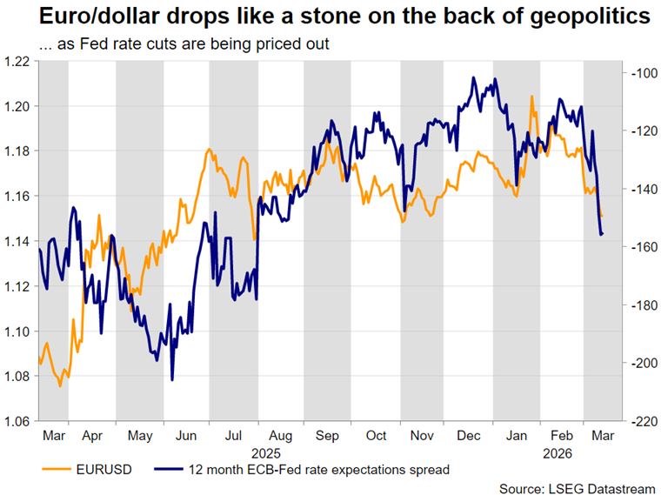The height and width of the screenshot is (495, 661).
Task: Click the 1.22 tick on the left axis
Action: [18, 61]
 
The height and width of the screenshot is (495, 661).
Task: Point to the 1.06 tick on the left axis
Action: [18, 422]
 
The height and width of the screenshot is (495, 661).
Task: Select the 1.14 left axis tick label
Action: [18, 241]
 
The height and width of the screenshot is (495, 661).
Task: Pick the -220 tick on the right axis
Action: [643, 422]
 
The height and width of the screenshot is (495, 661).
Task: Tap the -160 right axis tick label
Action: [643, 248]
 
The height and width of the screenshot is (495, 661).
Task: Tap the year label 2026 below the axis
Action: [553, 452]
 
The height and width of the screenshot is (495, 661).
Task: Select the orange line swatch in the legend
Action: [57, 470]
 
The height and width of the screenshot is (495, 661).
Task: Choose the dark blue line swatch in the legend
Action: [171, 470]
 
